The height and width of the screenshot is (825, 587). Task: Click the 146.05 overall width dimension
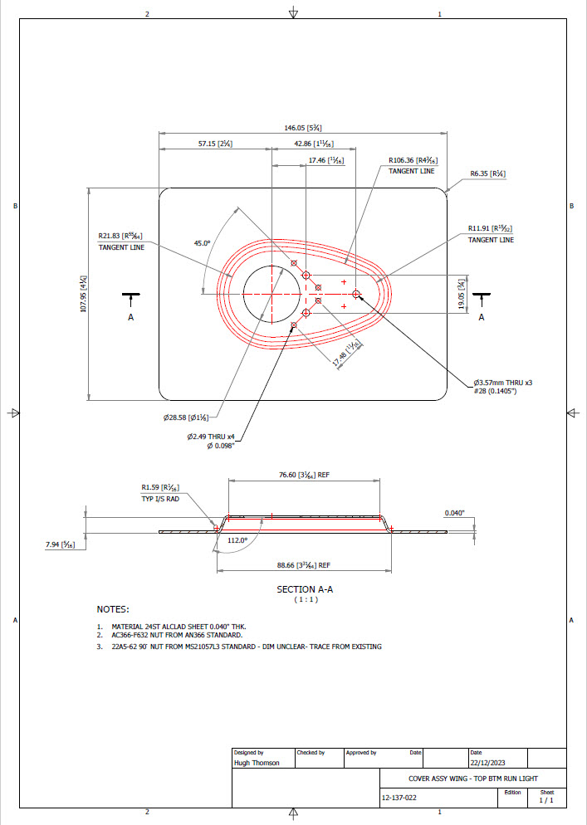click(302, 128)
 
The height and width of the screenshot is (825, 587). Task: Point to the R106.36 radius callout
click(413, 161)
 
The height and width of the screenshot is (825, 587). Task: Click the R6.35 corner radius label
click(487, 173)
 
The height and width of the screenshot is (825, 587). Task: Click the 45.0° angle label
click(203, 243)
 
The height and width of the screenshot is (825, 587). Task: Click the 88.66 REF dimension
click(303, 565)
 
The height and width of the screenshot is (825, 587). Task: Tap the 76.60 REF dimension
click(303, 476)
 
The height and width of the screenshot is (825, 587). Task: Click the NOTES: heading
click(112, 609)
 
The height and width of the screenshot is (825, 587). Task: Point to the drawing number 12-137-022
click(399, 798)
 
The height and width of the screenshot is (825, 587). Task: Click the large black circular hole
click(272, 294)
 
